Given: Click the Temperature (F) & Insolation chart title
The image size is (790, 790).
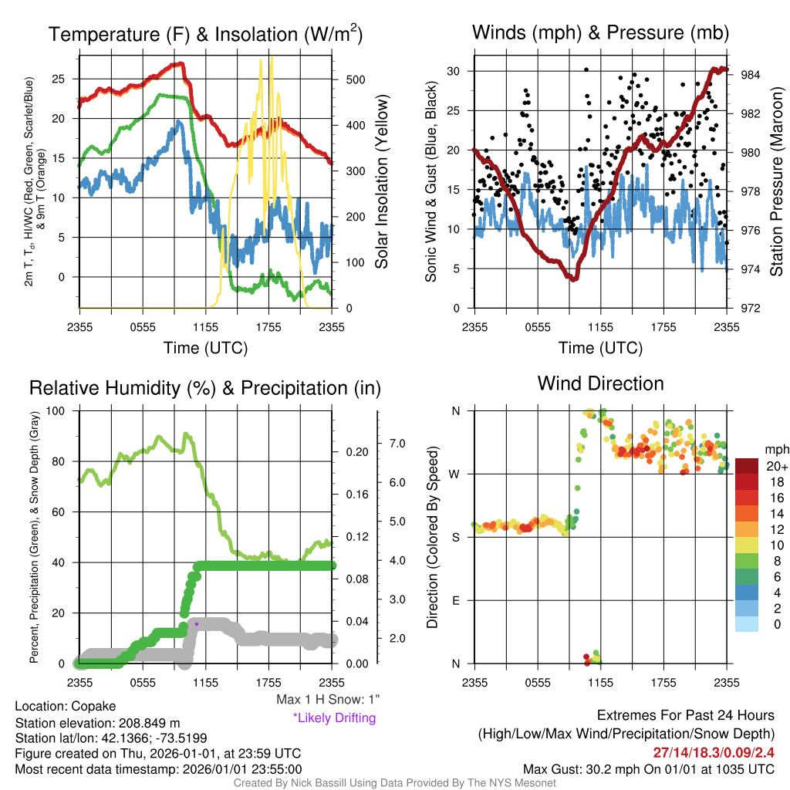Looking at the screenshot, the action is click(205, 34).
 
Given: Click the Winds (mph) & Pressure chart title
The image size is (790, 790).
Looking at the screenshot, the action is click(600, 32).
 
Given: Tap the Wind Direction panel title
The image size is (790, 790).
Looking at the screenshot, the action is click(600, 383).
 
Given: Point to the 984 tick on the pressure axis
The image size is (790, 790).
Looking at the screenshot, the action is click(750, 75).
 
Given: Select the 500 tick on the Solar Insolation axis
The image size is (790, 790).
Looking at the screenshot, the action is click(356, 79).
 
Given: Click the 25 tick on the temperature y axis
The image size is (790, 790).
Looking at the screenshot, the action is click(59, 79).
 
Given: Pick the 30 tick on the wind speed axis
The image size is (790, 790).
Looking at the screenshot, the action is click(454, 71).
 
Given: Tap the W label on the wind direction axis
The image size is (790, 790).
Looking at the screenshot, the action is click(454, 474).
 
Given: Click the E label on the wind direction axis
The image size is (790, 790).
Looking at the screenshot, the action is click(456, 600).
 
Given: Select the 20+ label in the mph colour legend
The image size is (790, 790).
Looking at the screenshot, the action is click(777, 466).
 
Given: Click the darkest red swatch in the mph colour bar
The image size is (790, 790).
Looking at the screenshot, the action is click(747, 466).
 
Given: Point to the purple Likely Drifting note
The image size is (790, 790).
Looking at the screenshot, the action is click(335, 718).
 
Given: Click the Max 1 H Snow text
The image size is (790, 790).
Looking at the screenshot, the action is click(327, 699).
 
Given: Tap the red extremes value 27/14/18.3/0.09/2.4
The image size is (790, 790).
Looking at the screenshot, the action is click(714, 752).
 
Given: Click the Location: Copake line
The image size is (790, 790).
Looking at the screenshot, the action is click(66, 707).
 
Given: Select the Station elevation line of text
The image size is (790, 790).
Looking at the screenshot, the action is click(98, 723).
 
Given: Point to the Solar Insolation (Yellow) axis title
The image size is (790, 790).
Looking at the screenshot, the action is click(382, 181).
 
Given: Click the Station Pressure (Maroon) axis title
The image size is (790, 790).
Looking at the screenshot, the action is click(776, 181).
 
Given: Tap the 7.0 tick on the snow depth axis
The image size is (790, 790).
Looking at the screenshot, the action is click(397, 444).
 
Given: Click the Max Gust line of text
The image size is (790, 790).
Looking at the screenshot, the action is click(649, 769).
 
